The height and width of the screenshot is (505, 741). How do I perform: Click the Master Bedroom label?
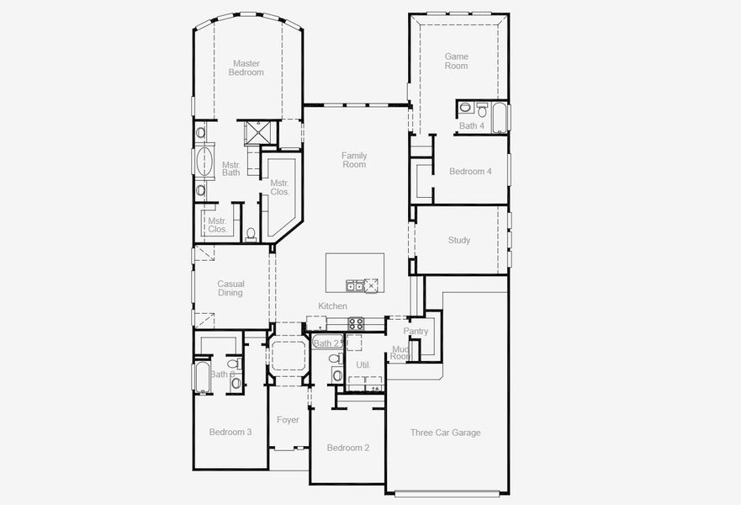click(246, 67)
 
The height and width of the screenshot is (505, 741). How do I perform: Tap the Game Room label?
click(456, 61)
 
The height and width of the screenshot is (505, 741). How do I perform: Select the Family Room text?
click(354, 160)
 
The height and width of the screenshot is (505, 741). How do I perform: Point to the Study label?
click(459, 241)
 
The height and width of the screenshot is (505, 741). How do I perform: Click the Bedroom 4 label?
click(470, 172)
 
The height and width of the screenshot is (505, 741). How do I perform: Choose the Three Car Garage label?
click(445, 433)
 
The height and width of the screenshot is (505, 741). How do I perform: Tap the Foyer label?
click(288, 420)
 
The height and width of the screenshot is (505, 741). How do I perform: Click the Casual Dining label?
click(230, 289)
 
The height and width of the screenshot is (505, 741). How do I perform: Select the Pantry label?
click(415, 332)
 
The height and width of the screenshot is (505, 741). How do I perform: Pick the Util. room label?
click(363, 365)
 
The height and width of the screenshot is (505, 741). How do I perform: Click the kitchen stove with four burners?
click(356, 322)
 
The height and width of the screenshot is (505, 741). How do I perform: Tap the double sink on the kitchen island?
click(355, 285)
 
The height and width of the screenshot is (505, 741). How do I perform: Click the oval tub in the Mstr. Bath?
click(204, 161)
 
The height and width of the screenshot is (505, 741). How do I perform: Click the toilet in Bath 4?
click(482, 110)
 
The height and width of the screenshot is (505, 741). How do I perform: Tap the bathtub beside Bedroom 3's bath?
click(201, 376)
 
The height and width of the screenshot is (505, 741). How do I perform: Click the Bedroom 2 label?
click(348, 448)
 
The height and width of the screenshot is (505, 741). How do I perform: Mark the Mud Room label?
click(401, 353)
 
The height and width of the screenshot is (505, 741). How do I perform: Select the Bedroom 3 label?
click(230, 433)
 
